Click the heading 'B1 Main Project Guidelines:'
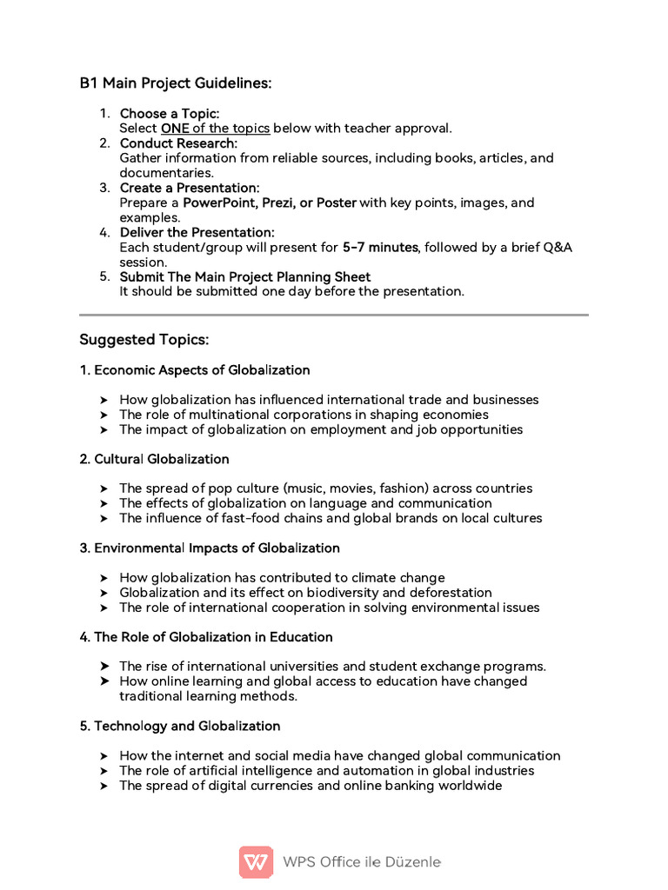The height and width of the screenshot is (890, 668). coord(176,83)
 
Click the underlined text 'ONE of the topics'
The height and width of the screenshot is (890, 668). coord(215,129)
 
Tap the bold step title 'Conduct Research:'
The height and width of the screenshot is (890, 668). coord(178,143)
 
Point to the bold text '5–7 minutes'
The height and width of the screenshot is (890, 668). coord(381,248)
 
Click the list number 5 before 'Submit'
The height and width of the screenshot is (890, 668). coord(104,276)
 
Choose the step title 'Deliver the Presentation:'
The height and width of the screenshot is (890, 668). coord(197,233)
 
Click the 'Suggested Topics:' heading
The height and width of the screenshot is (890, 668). coord(144,339)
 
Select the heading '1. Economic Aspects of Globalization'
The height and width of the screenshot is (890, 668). coord(195,370)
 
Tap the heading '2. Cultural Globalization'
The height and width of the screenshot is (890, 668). coord(155,459)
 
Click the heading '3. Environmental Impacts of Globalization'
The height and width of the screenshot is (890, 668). coord(210,548)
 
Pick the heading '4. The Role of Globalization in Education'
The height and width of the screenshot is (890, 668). coord(206,637)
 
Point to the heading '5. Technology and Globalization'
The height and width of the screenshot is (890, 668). coord(180,726)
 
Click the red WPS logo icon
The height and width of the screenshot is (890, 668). coord(256,862)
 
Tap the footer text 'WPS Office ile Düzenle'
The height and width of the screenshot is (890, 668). coord(362,862)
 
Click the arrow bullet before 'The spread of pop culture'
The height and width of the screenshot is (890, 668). coord(104,489)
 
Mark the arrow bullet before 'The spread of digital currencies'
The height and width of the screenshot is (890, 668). coord(104,787)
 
